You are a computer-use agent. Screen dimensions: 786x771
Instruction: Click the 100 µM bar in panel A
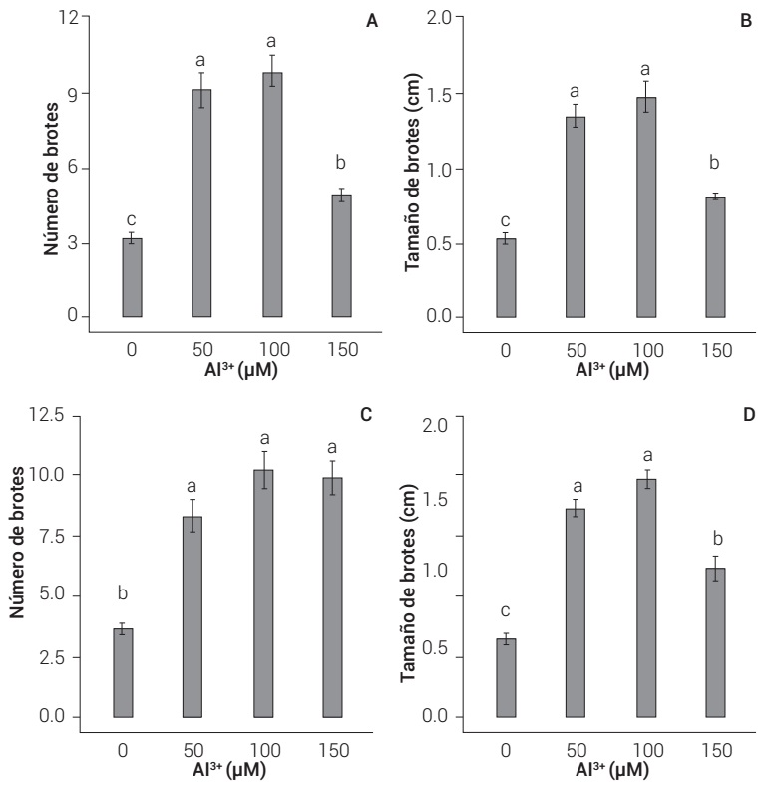coord(272,195)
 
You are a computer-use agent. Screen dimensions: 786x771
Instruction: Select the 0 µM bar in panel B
coord(506,278)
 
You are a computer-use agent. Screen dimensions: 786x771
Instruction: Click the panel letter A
coord(373,21)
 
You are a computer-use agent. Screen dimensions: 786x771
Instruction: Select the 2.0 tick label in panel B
coord(439,18)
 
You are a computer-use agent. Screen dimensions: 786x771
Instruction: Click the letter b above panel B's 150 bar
coord(715,163)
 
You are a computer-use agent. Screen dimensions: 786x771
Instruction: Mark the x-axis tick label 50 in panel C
coord(193,748)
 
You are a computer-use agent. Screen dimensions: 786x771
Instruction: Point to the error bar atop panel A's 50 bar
coord(202,89)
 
